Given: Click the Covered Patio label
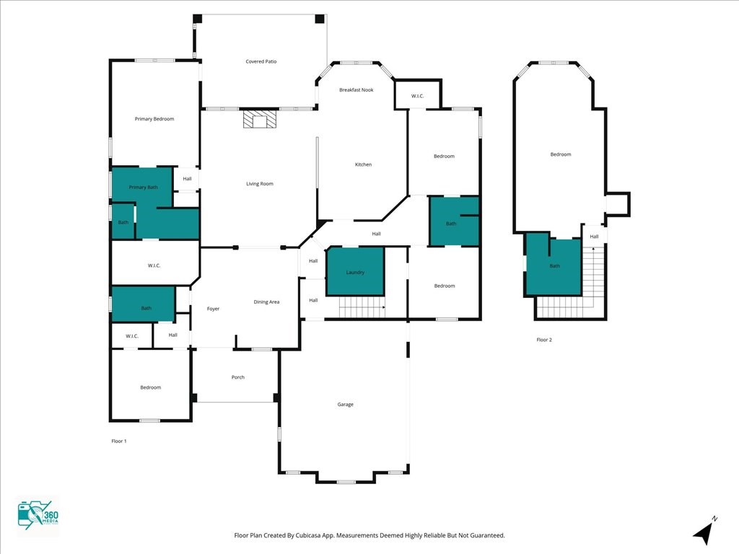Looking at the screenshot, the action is [261, 61].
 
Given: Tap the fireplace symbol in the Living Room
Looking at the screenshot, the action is [259, 119].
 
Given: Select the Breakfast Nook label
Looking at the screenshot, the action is [357, 89].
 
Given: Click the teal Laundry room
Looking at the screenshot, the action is [355, 271].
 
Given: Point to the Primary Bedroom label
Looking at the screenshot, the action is [154, 119].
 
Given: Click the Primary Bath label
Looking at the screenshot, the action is [144, 187].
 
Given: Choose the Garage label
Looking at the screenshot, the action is [346, 404].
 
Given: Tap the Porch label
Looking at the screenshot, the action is [238, 377].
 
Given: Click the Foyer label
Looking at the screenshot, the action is [213, 309].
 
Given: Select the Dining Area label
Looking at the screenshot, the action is [266, 302].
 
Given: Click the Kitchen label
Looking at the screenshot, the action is [364, 164].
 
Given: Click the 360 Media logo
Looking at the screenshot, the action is [38, 515].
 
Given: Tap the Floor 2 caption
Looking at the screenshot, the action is [544, 340].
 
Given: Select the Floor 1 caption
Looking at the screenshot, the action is [119, 441].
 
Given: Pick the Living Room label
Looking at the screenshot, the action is [260, 184].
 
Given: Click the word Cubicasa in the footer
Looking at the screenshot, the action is [308, 535].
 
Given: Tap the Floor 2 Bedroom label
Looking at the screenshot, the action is [561, 154].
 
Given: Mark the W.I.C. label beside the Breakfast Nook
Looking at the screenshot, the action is [418, 96].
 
